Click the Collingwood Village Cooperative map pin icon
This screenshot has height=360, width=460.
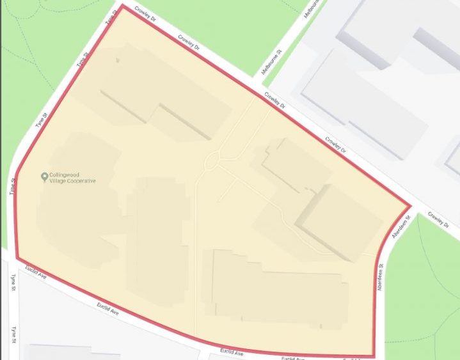point(44,176)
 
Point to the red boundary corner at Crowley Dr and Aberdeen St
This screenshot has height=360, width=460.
point(409,207)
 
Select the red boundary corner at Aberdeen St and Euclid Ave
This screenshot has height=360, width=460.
point(374,356)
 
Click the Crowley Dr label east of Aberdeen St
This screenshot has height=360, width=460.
point(439,219)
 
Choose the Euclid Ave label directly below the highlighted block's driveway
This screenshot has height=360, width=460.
point(232,352)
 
